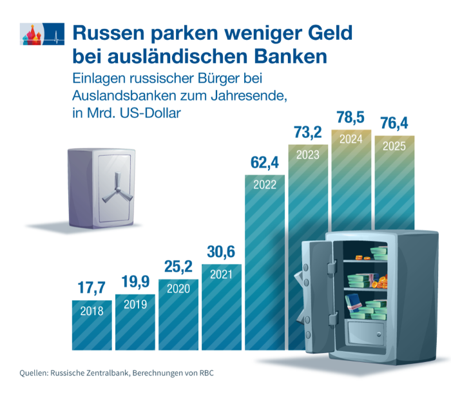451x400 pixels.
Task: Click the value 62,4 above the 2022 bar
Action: (x=264, y=163)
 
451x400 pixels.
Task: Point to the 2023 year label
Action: (x=307, y=155)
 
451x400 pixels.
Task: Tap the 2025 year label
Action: (x=394, y=146)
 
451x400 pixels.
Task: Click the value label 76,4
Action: (x=394, y=122)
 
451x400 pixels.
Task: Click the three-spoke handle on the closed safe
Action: (x=115, y=187)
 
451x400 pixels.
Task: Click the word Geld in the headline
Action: (x=325, y=32)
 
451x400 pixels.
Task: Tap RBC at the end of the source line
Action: (x=204, y=374)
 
